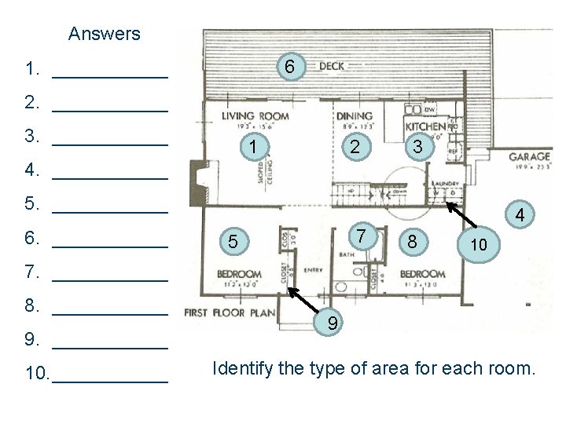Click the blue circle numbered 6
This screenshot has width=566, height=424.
[289, 68]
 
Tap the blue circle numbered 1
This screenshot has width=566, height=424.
[252, 146]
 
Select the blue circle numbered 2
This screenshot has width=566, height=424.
[356, 146]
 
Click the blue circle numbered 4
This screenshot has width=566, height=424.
[520, 214]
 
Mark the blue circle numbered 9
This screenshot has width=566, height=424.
[333, 322]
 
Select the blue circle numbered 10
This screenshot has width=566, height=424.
[478, 245]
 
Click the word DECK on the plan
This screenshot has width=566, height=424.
[332, 66]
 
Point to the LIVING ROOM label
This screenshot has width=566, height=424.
[255, 116]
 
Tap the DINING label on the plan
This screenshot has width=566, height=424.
[355, 116]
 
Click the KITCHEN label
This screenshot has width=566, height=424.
[425, 126]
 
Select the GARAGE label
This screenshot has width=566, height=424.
[530, 156]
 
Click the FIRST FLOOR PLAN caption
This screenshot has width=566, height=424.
[230, 313]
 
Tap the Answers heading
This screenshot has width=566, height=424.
[105, 34]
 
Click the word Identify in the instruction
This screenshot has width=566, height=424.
[242, 367]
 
